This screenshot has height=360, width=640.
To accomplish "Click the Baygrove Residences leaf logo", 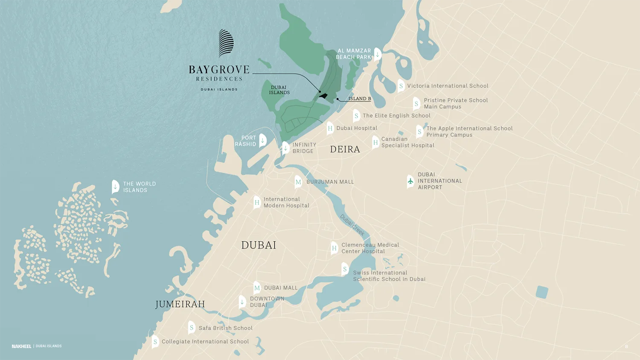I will click(226, 43).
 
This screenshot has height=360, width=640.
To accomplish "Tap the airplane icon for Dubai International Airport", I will click(410, 181).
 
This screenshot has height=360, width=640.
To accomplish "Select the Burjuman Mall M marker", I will click(298, 182).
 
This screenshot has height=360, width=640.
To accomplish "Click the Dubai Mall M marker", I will click(257, 288).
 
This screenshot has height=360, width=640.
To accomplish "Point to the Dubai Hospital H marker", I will click(330, 128).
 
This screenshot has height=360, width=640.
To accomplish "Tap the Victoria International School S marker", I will click(401, 86).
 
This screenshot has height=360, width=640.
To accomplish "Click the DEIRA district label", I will click(345, 149).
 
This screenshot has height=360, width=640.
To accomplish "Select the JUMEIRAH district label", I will click(180, 304).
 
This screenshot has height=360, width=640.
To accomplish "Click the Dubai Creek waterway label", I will click(352, 225).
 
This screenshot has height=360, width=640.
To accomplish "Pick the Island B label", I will click(359, 99).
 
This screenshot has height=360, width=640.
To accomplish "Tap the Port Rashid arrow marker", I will click(263, 140).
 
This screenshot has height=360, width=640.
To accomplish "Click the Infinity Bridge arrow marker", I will click(285, 148).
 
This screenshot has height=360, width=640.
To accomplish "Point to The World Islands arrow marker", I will click(115, 186).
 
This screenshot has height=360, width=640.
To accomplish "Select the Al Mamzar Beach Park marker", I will click(377, 54).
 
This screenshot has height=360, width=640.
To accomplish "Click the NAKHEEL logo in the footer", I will click(21, 346).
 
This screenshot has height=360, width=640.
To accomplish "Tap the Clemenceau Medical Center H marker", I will click(334, 248).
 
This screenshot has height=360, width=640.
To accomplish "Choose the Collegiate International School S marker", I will click(155, 342).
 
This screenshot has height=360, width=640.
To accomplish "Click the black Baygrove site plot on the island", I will click(323, 96).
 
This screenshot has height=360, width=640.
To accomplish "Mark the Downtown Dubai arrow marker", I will click(242, 302).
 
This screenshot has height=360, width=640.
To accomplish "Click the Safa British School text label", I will click(225, 328).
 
